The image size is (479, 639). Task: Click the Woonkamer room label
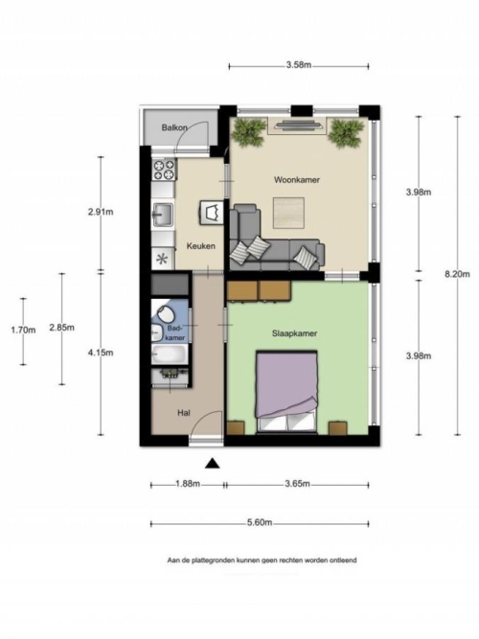click(x=296, y=180)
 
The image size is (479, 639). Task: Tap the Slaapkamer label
click(x=294, y=333)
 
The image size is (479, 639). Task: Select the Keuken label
click(x=200, y=246)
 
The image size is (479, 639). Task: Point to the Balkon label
click(x=174, y=127)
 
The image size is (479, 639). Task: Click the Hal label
click(x=184, y=413)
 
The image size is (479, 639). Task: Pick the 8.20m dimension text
click(x=457, y=274)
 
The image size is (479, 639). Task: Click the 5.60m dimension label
click(x=260, y=522)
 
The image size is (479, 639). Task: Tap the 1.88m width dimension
click(x=188, y=484)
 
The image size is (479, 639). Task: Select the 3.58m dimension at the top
click(x=299, y=65)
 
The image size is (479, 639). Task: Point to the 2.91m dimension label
click(x=101, y=212)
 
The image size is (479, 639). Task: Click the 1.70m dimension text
click(x=23, y=331)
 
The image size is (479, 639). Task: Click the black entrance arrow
click(x=212, y=464)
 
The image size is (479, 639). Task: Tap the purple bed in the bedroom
click(x=286, y=391)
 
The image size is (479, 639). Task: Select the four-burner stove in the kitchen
click(x=164, y=170)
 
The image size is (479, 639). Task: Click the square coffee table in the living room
click(x=288, y=212)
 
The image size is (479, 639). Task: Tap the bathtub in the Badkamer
click(x=170, y=354)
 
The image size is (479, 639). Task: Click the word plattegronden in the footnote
click(x=211, y=560)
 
